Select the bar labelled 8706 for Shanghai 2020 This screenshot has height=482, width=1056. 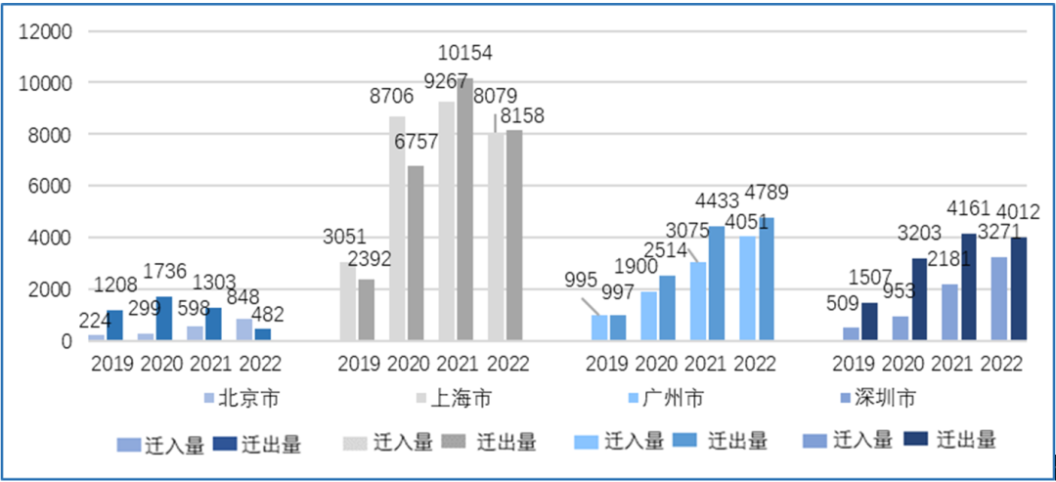398,228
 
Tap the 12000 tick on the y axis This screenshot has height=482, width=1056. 48,31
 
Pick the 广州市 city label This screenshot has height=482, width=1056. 673,398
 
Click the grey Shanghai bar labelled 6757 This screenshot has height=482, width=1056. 416,253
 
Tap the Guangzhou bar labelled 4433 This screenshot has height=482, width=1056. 716,284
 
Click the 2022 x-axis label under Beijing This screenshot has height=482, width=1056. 257,364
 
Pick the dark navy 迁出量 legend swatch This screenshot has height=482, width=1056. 917,441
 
